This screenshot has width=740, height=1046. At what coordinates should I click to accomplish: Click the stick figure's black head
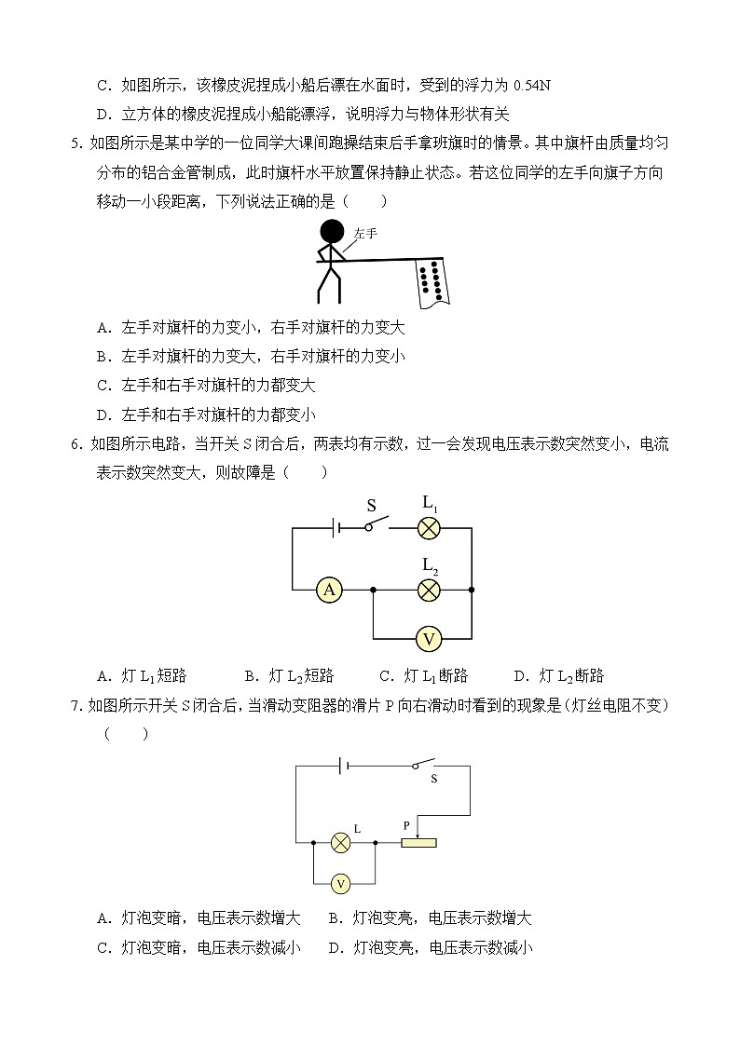click(332, 232)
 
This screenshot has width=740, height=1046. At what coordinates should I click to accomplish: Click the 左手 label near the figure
click(365, 234)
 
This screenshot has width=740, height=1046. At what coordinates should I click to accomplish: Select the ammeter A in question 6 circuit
click(328, 590)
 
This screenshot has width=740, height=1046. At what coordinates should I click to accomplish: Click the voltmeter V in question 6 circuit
click(429, 639)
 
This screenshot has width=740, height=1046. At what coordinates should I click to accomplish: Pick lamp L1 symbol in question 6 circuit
click(429, 528)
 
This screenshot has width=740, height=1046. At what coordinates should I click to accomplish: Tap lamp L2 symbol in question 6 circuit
click(429, 590)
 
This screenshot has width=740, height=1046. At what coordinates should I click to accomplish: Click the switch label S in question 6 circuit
click(371, 507)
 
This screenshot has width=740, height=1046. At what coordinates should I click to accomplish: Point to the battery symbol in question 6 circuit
click(336, 528)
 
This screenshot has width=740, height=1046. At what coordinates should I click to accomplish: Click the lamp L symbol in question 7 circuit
click(341, 843)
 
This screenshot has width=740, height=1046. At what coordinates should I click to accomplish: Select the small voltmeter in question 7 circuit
click(341, 882)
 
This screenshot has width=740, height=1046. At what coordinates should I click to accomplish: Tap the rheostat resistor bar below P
click(418, 843)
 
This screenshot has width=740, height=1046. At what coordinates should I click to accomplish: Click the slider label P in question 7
click(406, 825)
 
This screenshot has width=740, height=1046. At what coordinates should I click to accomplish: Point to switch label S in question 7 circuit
click(433, 779)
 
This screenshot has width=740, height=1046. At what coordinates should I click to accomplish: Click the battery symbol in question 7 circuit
click(344, 766)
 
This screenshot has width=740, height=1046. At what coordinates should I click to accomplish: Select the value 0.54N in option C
click(532, 86)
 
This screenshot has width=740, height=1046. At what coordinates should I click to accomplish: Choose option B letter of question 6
click(250, 676)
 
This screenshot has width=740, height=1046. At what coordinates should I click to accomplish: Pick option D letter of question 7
click(334, 948)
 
